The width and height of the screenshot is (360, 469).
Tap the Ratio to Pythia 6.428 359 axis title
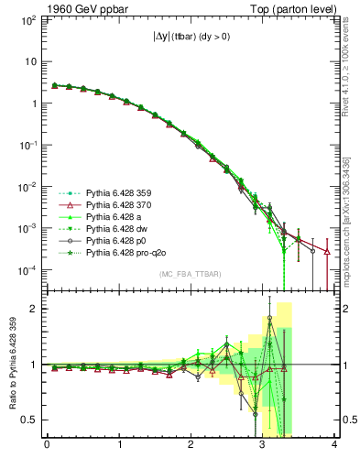[x=15, y=364]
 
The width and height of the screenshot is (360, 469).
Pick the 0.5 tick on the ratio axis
[x=29, y=420]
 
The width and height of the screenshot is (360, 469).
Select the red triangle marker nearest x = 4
[x=327, y=251]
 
